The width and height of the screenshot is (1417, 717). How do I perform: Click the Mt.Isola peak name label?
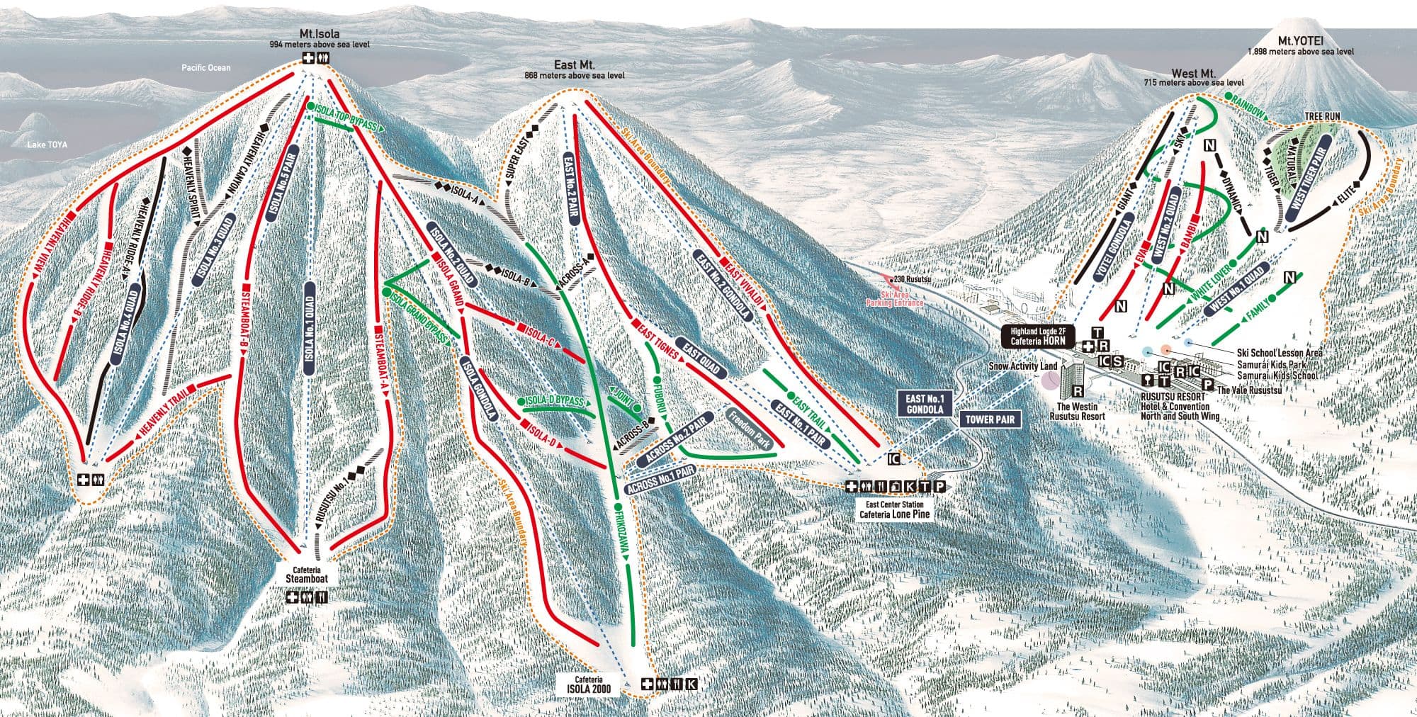tap(319, 34)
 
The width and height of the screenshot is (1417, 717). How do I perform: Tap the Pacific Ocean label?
tap(205, 68)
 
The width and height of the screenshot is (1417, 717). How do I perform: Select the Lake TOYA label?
tap(47, 145)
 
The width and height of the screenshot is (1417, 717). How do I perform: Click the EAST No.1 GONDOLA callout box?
tap(925, 405)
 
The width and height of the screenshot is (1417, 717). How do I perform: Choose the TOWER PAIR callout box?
tap(990, 420)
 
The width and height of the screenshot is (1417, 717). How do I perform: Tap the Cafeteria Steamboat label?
tap(307, 575)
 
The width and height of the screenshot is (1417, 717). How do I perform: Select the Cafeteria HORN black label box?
tap(1038, 337)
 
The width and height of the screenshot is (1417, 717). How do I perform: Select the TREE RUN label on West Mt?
tap(1321, 116)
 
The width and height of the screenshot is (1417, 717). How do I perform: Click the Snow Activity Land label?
tap(1022, 366)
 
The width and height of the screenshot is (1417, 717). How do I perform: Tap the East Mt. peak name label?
tap(575, 64)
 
